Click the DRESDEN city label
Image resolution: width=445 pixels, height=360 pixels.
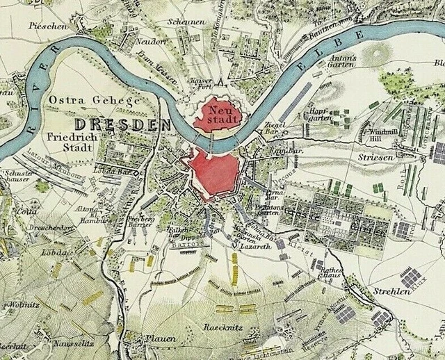click(x=122, y=124)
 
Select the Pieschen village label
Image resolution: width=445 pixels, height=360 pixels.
click(x=48, y=26)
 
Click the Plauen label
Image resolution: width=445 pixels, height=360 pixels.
click(x=160, y=338)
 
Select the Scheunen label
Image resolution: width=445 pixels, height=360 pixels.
click(x=186, y=22)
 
